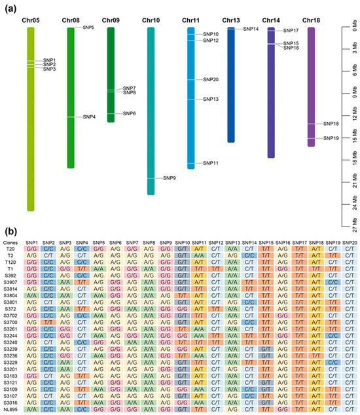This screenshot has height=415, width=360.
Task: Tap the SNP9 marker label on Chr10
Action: (170, 178)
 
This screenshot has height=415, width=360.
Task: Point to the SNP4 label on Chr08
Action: (90, 117)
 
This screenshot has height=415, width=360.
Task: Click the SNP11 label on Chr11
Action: (211, 162)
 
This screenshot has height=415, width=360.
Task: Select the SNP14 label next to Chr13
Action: (251, 29)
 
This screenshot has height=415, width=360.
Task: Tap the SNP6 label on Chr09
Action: (130, 113)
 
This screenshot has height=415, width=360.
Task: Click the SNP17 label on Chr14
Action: (291, 31)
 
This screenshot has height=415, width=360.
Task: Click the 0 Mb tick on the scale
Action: (353, 26)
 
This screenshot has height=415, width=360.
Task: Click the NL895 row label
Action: (11, 409)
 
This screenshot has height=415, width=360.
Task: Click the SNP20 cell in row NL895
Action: (350, 409)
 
